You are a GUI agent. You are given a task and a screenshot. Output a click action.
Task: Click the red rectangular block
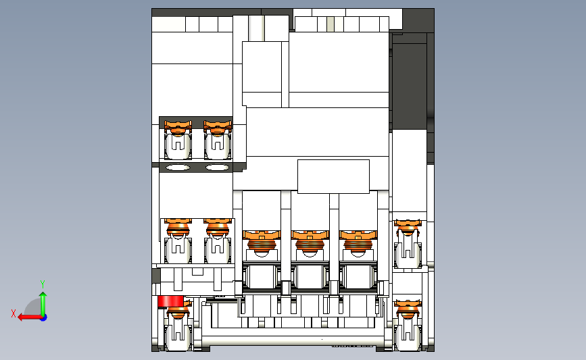(170, 301)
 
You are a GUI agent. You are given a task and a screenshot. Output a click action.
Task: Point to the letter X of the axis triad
(14, 313)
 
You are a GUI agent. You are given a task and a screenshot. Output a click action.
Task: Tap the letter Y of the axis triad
(43, 284)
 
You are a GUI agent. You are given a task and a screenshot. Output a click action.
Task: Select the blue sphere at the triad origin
(43, 317)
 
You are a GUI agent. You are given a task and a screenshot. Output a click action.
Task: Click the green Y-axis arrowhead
(43, 295)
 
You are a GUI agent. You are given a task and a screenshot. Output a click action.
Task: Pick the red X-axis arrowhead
(22, 317)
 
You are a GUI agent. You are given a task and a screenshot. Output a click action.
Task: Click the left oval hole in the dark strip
(178, 168)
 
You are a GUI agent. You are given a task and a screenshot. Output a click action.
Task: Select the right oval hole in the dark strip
(218, 168)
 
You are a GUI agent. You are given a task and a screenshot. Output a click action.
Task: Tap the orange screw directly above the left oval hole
(178, 128)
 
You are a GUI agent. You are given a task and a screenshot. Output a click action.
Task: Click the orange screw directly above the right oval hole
(218, 128)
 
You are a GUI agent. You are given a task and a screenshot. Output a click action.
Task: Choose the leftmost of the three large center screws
(262, 242)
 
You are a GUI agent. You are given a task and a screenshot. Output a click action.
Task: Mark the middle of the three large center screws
(310, 242)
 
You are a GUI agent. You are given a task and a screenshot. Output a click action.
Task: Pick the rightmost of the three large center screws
(358, 242)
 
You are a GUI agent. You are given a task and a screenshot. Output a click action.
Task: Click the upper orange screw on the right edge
(408, 227)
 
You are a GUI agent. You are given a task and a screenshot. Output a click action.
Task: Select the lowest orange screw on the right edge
(408, 309)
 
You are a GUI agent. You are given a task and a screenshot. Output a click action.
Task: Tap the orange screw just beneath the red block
(178, 311)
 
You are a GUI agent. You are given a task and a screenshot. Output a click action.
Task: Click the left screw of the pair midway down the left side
(178, 227)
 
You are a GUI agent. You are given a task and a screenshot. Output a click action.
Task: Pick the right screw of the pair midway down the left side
(218, 227)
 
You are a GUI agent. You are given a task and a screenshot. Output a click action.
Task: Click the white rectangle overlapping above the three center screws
(333, 176)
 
